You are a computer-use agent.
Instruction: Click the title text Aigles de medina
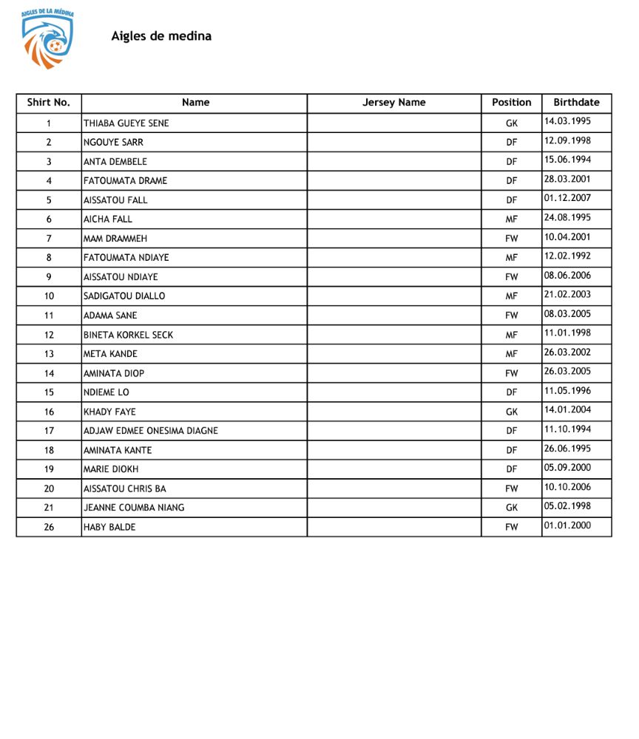click(x=161, y=36)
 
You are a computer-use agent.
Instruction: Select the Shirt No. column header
click(x=48, y=103)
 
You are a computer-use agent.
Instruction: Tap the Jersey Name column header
click(x=393, y=103)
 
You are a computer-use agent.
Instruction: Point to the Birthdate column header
click(x=576, y=103)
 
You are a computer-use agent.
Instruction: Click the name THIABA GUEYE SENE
click(x=126, y=123)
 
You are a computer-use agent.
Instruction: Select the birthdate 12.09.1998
click(x=567, y=140)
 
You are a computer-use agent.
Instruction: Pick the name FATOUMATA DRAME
click(x=125, y=181)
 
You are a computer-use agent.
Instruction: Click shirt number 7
click(x=49, y=239)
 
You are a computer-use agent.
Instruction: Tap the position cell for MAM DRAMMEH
click(x=511, y=239)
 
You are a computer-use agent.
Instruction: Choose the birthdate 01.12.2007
click(x=567, y=198)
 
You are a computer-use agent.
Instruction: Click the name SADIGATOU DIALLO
click(x=124, y=296)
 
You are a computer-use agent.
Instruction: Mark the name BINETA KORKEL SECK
click(x=128, y=335)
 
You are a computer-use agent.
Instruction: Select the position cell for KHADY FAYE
click(x=511, y=412)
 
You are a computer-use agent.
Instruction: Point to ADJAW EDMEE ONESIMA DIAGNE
click(x=150, y=431)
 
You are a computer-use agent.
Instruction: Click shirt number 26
click(x=49, y=527)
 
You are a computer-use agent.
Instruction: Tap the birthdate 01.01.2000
click(x=567, y=525)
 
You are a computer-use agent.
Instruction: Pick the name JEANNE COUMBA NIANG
click(x=134, y=508)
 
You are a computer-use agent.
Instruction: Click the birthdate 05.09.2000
click(x=567, y=468)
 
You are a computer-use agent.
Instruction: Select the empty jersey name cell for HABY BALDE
click(x=393, y=527)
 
